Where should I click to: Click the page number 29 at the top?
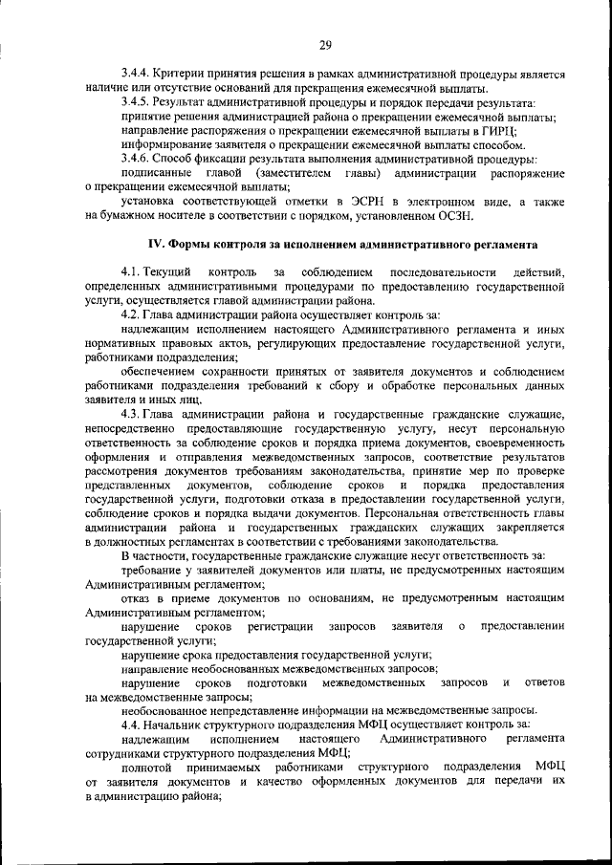[x=325, y=45]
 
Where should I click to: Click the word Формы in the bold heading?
[x=188, y=247]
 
